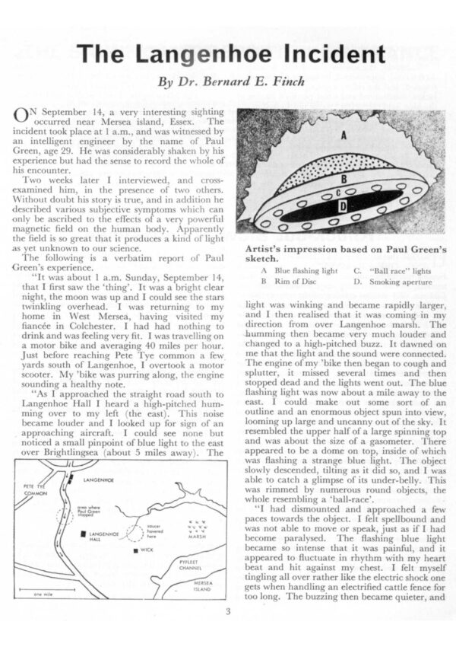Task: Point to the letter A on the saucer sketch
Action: pos(344,136)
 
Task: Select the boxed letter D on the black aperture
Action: pos(342,205)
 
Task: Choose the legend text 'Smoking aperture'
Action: pos(400,281)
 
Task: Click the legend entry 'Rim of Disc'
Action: pos(297,281)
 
